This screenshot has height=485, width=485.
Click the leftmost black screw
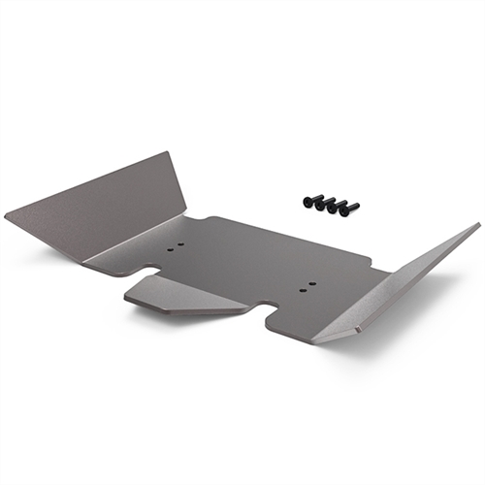[x=309, y=201]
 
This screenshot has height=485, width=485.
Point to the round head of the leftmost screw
[x=307, y=202]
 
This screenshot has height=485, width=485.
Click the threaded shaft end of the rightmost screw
[x=356, y=206]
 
